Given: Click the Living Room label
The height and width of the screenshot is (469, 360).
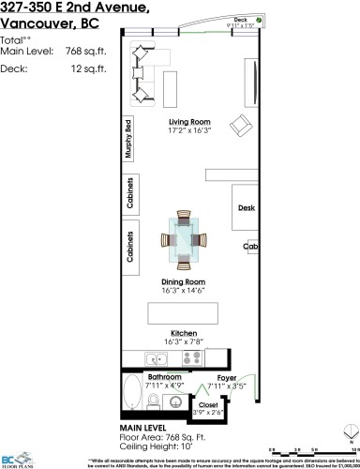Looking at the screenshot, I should tap(187, 121).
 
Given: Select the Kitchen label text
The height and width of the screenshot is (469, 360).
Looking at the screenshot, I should tap(183, 333).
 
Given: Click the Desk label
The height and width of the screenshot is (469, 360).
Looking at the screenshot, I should tap(247, 208).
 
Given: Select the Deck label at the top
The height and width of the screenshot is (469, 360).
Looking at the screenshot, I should tap(240, 45).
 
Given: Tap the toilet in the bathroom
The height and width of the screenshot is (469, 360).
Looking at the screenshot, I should tap(171, 401).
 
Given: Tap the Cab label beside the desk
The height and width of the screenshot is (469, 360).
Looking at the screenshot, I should tap(250, 247).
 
